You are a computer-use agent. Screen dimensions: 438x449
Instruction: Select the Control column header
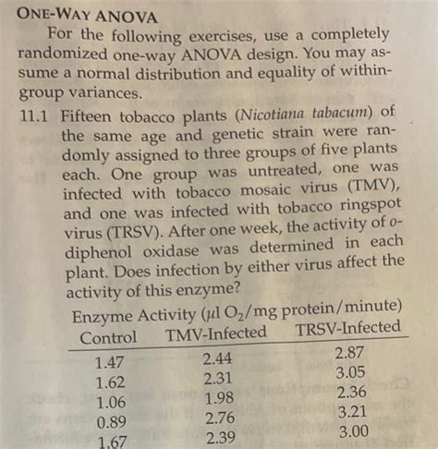[108, 338]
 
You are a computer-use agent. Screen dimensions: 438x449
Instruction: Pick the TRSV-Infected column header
[348, 328]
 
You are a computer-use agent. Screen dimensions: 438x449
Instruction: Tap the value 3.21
[351, 412]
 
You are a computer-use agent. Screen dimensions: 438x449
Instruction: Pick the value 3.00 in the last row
[351, 431]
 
